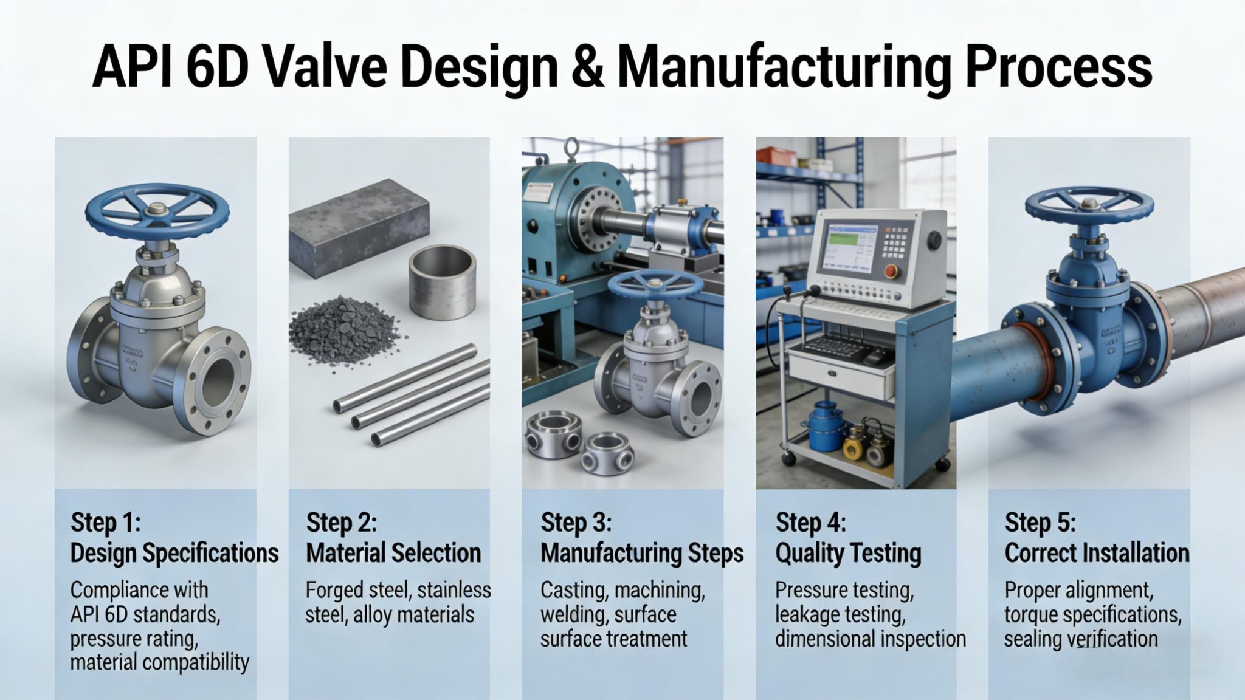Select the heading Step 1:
point(106,523)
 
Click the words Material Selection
point(393,554)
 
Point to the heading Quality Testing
point(848,554)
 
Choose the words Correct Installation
point(1097,554)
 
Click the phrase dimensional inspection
point(870,639)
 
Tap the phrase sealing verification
point(1080,639)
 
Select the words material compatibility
point(159,662)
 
